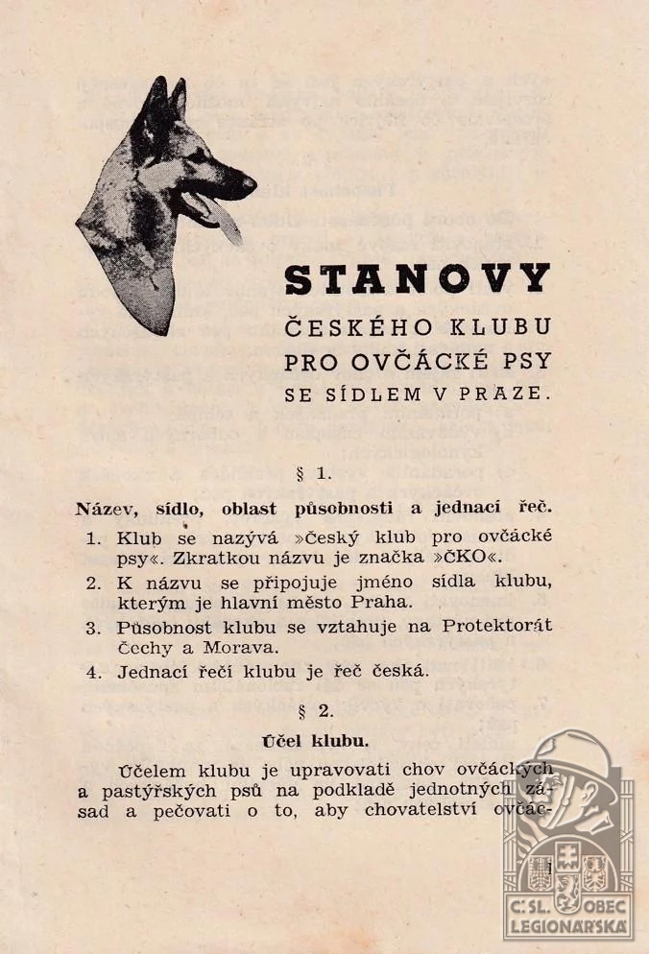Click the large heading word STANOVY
tap(418, 279)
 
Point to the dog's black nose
tap(249, 180)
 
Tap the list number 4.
tap(93, 672)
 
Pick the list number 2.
tap(93, 582)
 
